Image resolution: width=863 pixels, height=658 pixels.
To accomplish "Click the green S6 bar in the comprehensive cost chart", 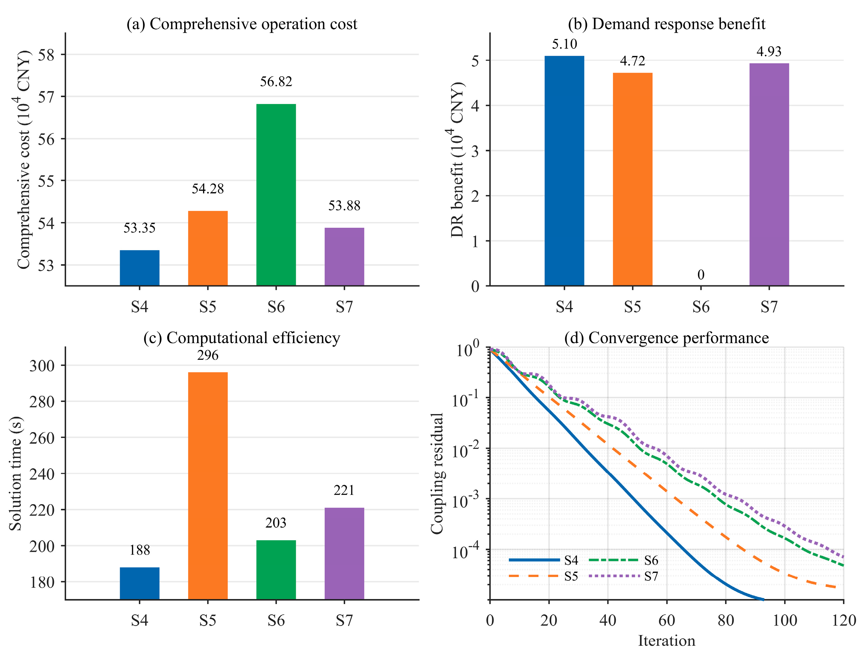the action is (x=276, y=195).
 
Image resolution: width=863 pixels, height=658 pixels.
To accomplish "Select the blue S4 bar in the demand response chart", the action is (x=564, y=171).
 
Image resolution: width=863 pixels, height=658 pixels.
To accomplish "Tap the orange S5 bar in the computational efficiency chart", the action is (x=208, y=486).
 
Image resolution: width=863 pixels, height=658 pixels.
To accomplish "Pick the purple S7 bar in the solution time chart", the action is (x=344, y=553).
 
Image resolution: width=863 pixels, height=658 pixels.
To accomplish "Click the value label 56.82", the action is (x=276, y=81).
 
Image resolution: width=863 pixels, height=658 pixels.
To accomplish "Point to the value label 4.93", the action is (x=769, y=51).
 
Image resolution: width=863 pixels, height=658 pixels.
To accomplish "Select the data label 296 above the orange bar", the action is (x=208, y=355).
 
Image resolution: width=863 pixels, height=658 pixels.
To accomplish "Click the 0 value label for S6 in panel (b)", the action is (x=701, y=274).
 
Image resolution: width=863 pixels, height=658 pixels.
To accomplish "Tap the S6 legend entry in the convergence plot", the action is (x=623, y=560).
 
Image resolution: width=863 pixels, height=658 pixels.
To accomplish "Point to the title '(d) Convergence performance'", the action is (x=667, y=338).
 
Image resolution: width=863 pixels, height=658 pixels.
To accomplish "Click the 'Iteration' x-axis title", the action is (x=667, y=641).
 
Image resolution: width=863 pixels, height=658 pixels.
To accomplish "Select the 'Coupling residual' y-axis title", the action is (x=437, y=474).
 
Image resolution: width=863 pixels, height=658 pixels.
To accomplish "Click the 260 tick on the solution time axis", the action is (x=42, y=438).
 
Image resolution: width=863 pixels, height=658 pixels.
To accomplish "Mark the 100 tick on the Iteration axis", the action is (x=785, y=620).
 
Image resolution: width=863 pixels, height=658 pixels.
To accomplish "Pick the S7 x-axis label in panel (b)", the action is (x=769, y=307).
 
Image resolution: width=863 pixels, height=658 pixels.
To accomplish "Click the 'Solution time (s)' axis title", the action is (x=16, y=474).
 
